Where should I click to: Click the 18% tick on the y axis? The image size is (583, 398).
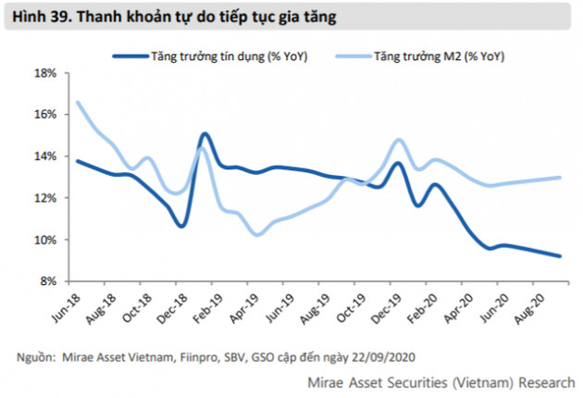tap(46, 72)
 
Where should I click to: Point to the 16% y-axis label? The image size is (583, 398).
tap(46, 114)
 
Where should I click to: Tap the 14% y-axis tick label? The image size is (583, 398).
tap(46, 155)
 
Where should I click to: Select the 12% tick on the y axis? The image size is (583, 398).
tap(46, 198)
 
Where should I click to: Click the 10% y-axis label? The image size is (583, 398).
tap(46, 240)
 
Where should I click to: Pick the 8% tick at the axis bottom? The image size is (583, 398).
tap(49, 281)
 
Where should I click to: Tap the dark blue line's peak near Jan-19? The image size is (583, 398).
tap(204, 134)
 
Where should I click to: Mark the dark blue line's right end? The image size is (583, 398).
tap(560, 256)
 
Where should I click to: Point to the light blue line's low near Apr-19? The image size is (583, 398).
tap(257, 234)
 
